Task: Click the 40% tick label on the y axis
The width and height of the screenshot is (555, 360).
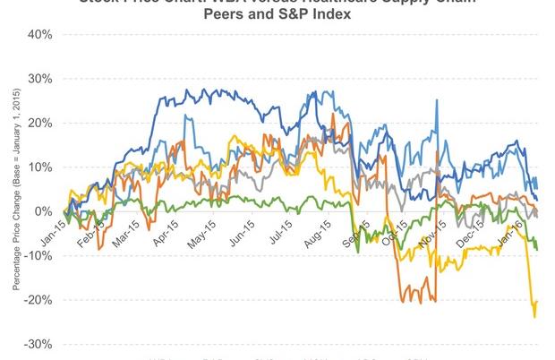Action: pos(40,34)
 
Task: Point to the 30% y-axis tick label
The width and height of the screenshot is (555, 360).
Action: pos(40,78)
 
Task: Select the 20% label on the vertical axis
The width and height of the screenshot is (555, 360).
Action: pos(40,123)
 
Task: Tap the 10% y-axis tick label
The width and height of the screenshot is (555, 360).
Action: pos(40,167)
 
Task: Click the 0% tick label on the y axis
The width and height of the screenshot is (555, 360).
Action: pos(43,211)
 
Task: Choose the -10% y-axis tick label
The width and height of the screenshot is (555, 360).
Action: pos(38,255)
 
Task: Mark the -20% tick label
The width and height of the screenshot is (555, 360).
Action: pos(38,300)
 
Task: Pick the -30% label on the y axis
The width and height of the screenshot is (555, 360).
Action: pos(38,344)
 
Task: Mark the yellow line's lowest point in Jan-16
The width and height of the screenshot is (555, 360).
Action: pos(534,316)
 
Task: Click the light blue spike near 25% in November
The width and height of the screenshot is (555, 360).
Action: pos(436,101)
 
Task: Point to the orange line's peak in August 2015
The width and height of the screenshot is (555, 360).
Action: pos(332,115)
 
